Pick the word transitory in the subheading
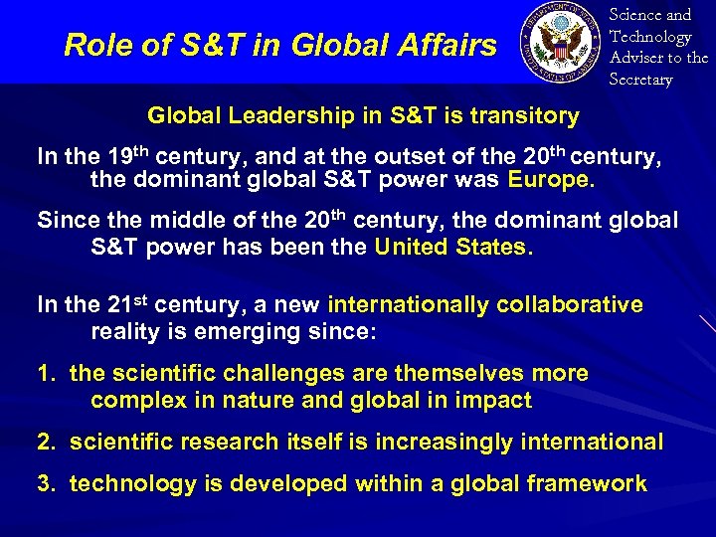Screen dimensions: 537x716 tap(522, 116)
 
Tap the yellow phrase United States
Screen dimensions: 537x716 tap(449, 247)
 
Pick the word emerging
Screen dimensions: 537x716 tap(294, 330)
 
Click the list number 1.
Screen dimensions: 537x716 tap(44, 374)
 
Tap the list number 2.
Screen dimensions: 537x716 tap(44, 442)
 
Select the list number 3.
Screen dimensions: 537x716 tap(44, 484)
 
